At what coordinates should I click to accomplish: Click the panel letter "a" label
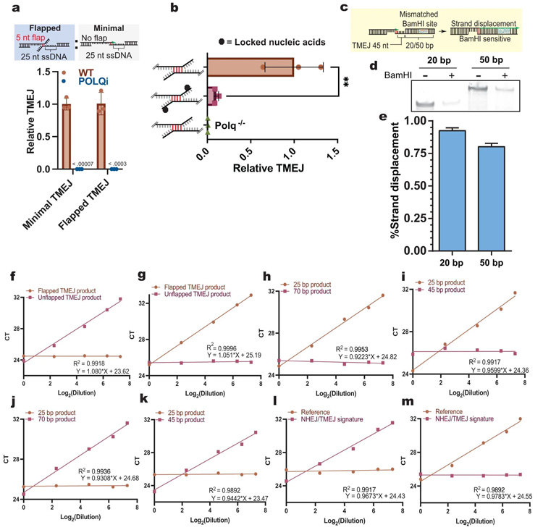[x=8, y=7]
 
